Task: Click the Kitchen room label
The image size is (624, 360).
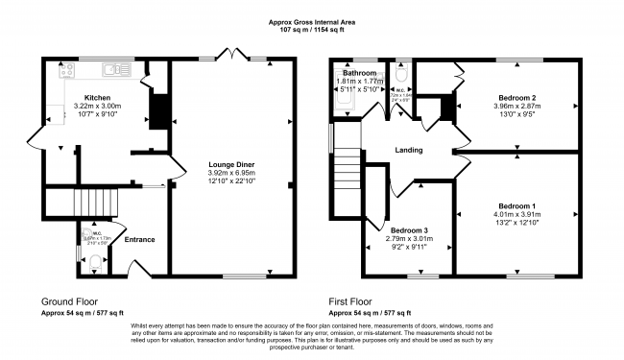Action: click(x=98, y=97)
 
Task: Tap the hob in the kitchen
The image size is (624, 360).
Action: click(x=67, y=69)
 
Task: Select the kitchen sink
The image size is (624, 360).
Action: click(x=113, y=68)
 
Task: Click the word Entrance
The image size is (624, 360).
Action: click(x=139, y=239)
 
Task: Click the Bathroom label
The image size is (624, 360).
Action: click(x=360, y=73)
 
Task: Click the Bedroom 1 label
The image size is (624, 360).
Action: click(x=516, y=205)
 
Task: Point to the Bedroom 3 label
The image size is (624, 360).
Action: click(x=409, y=229)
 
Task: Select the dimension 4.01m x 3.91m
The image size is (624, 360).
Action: click(x=516, y=214)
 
